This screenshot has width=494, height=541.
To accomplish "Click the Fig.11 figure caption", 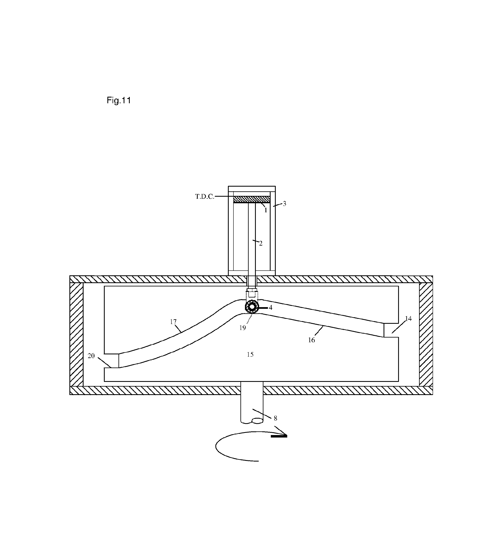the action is point(119,100).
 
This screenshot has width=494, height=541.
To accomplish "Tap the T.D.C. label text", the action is point(205,197).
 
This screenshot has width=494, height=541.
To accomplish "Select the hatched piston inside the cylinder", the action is point(252,199).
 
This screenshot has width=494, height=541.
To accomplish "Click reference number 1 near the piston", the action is point(266,210).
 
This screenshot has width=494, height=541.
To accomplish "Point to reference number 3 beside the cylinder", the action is point(284,204).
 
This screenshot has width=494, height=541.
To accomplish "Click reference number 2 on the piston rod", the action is point(261,243).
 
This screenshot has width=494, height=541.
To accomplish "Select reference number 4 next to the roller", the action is point(270,308).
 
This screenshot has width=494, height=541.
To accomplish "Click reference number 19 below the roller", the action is point(242,328).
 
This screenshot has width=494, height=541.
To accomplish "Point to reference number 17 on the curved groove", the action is point(173,322).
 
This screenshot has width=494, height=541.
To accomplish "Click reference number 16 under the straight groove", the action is point(311,340).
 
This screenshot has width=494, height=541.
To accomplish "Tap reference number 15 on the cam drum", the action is point(250,355).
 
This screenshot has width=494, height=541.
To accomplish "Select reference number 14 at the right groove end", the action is point(408,318).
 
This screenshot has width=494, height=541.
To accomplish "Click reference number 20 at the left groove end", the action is point(91,356).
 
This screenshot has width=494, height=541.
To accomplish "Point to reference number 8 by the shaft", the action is point(275,418).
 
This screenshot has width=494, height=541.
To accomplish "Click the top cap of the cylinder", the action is point(252,189).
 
